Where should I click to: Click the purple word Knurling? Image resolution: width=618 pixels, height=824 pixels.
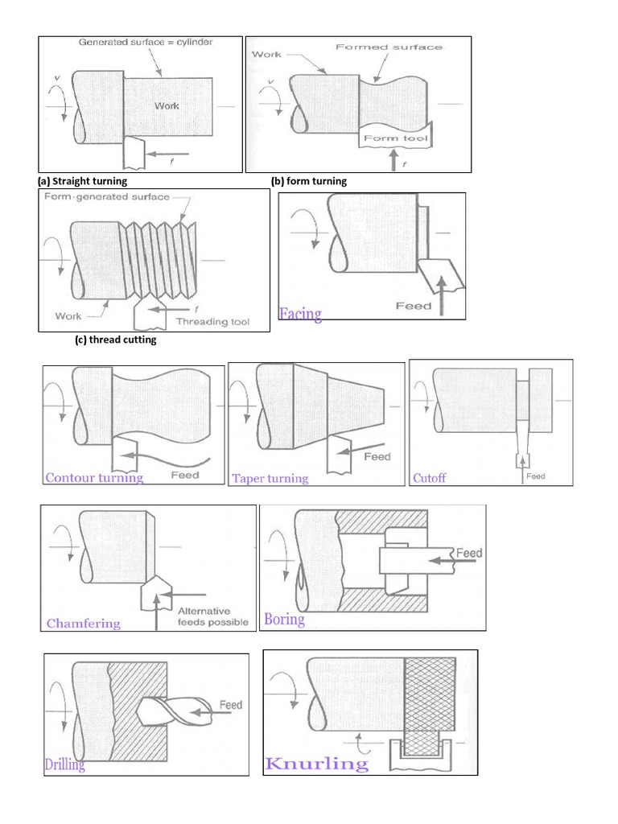tap(317, 764)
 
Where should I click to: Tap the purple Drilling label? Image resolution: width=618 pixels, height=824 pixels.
tap(64, 764)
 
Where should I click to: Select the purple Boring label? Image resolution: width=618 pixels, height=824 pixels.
tap(284, 620)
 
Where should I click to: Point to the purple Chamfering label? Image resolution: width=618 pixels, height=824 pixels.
tap(84, 624)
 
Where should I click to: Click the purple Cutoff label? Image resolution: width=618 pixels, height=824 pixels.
tap(430, 478)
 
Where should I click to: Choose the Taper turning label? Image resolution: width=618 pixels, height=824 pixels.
tap(270, 478)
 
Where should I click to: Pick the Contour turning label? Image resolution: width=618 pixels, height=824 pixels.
tap(94, 478)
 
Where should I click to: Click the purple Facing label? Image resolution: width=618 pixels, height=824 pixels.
tap(300, 314)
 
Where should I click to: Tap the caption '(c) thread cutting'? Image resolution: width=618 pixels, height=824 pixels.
tap(116, 340)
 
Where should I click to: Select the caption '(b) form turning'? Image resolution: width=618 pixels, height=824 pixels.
tap(309, 181)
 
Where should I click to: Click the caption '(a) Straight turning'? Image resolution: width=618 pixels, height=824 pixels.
tap(83, 181)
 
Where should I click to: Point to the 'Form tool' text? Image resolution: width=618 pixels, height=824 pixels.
tap(396, 138)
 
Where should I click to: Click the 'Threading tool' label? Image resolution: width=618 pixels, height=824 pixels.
tap(212, 322)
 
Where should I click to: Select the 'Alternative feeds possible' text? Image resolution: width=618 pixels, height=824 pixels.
tap(212, 616)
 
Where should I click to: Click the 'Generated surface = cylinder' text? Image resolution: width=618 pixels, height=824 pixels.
tap(146, 42)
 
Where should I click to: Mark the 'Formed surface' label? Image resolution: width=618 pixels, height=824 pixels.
tap(389, 47)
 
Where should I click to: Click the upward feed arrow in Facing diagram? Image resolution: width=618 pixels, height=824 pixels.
tap(442, 296)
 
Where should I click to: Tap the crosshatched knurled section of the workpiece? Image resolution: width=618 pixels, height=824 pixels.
tap(430, 694)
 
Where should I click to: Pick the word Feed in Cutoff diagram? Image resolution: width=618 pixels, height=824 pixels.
tap(535, 476)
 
